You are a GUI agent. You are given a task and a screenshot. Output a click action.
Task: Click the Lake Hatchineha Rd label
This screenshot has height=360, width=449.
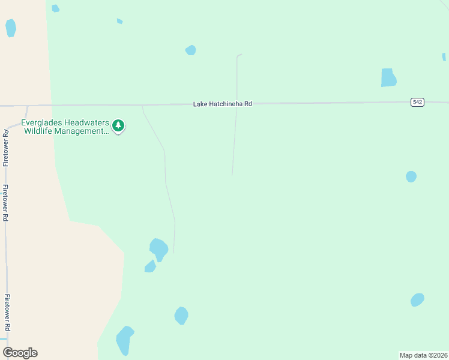pyautogui.click(x=222, y=104)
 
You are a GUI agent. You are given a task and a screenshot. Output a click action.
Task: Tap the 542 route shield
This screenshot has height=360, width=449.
pyautogui.click(x=418, y=102)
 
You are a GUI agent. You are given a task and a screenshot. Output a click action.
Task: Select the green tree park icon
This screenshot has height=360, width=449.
pyautogui.click(x=119, y=126)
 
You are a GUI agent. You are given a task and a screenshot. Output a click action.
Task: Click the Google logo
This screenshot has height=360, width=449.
pyautogui.click(x=20, y=353)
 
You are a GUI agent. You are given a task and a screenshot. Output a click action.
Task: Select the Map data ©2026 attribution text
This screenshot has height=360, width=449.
pyautogui.click(x=423, y=355)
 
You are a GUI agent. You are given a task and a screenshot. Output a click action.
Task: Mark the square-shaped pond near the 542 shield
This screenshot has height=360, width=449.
pyautogui.click(x=388, y=77)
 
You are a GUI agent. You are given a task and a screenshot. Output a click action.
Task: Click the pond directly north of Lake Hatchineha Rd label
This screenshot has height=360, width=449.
pyautogui.click(x=190, y=50)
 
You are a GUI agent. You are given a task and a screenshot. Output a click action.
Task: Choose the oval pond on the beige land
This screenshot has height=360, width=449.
pyautogui.click(x=10, y=28)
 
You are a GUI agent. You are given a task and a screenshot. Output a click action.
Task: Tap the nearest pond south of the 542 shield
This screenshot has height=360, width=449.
pyautogui.click(x=411, y=176)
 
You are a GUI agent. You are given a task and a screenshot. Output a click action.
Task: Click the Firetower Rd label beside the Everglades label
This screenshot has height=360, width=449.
pyautogui.click(x=6, y=147)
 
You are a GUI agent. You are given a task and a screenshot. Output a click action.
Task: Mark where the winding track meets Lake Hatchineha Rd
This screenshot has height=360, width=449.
pyautogui.click(x=142, y=106)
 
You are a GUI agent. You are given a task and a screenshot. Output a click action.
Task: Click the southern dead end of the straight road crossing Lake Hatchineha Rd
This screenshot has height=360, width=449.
pyautogui.click(x=232, y=175)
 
